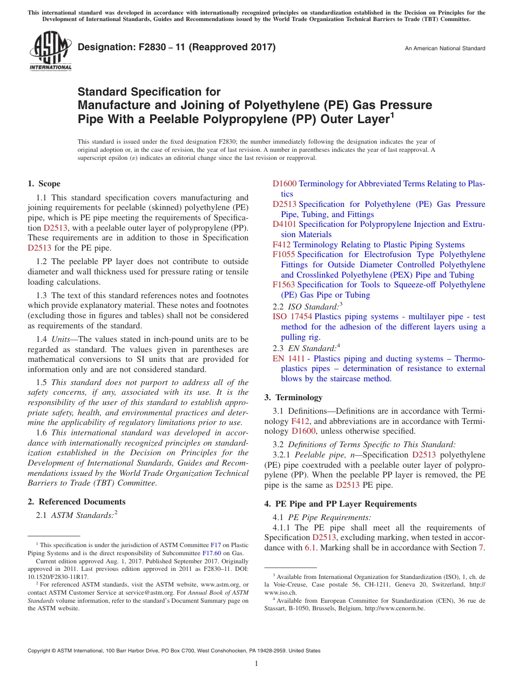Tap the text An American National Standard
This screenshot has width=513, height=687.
pyautogui.click(x=445, y=49)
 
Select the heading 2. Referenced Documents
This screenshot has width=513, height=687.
pyautogui.click(x=77, y=502)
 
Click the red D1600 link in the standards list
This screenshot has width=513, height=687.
pyautogui.click(x=285, y=184)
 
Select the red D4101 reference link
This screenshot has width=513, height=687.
pyautogui.click(x=285, y=224)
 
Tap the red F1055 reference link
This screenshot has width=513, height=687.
pyautogui.click(x=283, y=254)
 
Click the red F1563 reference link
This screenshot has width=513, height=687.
pyautogui.click(x=283, y=285)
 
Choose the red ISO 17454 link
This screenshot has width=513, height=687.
pyautogui.click(x=292, y=316)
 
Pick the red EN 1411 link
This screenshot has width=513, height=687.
pyautogui.click(x=285, y=359)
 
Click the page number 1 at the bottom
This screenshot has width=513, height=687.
pyautogui.click(x=256, y=664)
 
